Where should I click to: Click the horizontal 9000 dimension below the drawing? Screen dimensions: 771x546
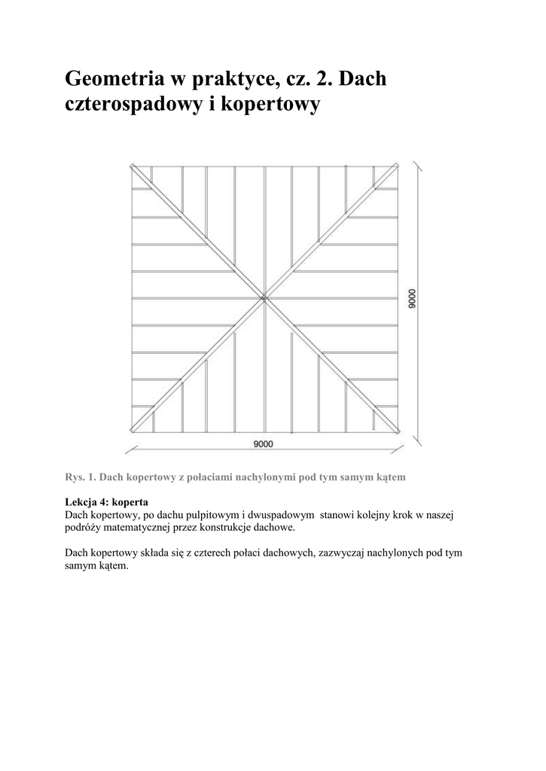[x=263, y=444]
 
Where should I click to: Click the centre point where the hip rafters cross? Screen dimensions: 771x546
[x=264, y=299]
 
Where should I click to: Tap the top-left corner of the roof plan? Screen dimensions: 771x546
[x=132, y=166]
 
